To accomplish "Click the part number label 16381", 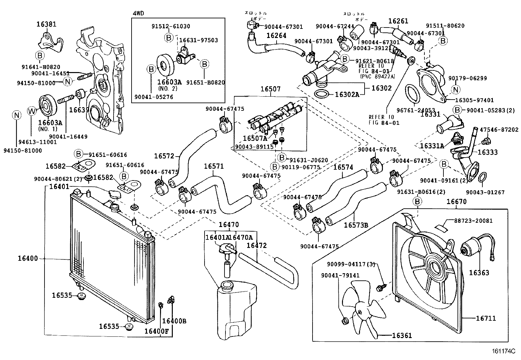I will pyautogui.click(x=46, y=24).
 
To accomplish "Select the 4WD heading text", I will pyautogui.click(x=138, y=13).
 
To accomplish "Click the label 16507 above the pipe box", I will pyautogui.click(x=271, y=89).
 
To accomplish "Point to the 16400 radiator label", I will pyautogui.click(x=28, y=258).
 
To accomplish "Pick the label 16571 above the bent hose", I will pyautogui.click(x=214, y=166).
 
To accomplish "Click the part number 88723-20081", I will pyautogui.click(x=473, y=221).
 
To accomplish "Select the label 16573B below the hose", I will pyautogui.click(x=356, y=225).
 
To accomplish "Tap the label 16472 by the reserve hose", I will pyautogui.click(x=257, y=245).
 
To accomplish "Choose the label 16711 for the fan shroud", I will pyautogui.click(x=486, y=318).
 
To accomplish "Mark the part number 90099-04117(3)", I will pyautogui.click(x=351, y=264).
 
